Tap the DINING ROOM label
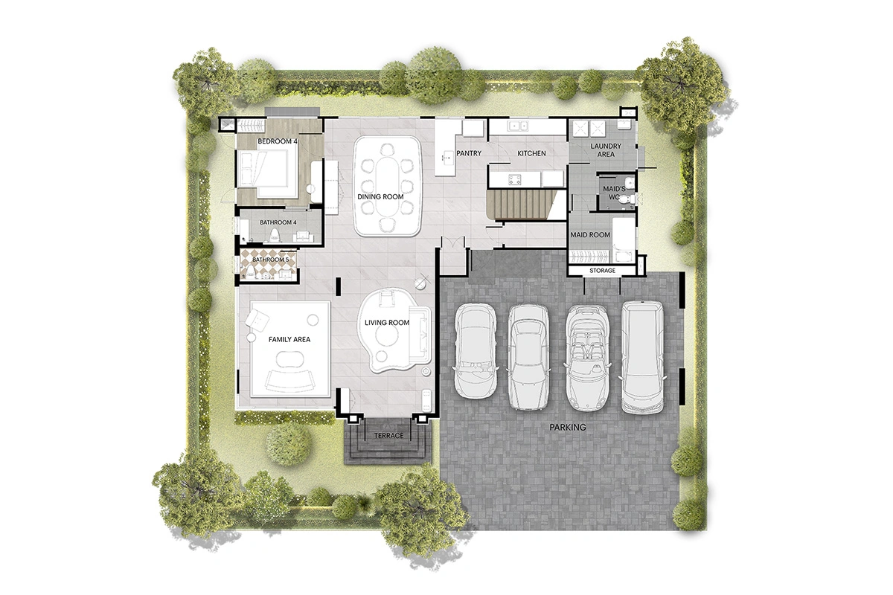point(380,196)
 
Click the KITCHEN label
point(531,154)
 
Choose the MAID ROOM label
point(590,235)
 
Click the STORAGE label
point(603,271)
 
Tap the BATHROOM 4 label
point(278,222)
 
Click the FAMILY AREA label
point(289,340)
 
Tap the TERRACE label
point(388,436)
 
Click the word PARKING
point(568,428)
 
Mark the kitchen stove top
point(514,178)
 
